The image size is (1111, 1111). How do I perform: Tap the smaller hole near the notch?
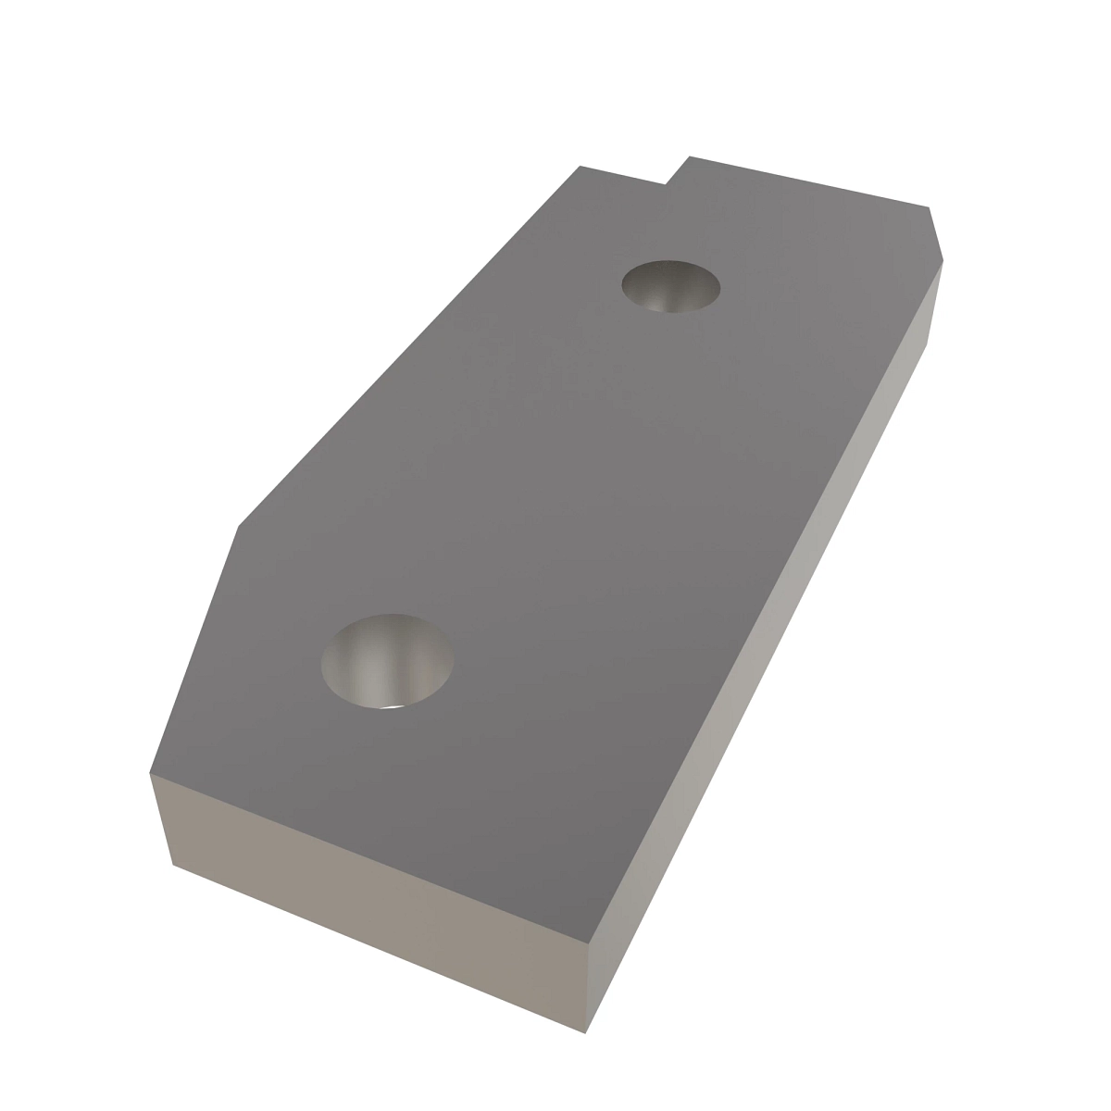pyautogui.click(x=671, y=285)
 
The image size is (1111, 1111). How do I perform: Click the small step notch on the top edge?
pyautogui.click(x=676, y=171)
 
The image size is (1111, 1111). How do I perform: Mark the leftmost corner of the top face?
pyautogui.click(x=150, y=770)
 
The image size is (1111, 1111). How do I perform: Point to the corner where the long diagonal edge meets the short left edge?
pyautogui.click(x=239, y=527)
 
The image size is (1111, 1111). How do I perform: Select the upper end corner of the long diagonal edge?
pyautogui.click(x=580, y=166)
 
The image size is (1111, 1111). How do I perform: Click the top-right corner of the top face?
pyautogui.click(x=929, y=207)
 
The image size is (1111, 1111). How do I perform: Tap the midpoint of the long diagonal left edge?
pyautogui.click(x=409, y=346)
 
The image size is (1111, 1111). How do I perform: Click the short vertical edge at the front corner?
pyautogui.click(x=588, y=988)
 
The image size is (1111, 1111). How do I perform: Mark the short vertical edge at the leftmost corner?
pyautogui.click(x=161, y=818)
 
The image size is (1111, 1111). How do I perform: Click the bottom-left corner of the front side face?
pyautogui.click(x=173, y=865)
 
